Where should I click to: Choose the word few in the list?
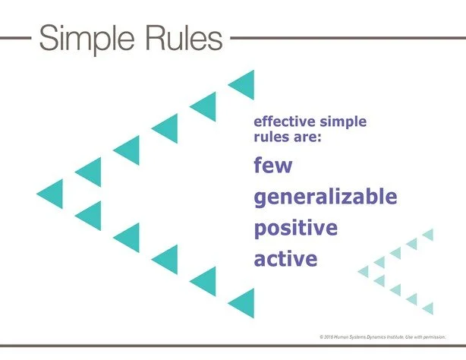pos(272,165)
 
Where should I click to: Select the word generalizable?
pos(325,197)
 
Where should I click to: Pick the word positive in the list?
pos(295,228)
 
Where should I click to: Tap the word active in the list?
pos(285,259)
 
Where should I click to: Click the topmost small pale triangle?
pos(428,235)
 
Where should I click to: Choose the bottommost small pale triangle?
pos(428,308)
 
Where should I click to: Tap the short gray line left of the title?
pos(14,36)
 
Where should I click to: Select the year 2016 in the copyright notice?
pos(330,336)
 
